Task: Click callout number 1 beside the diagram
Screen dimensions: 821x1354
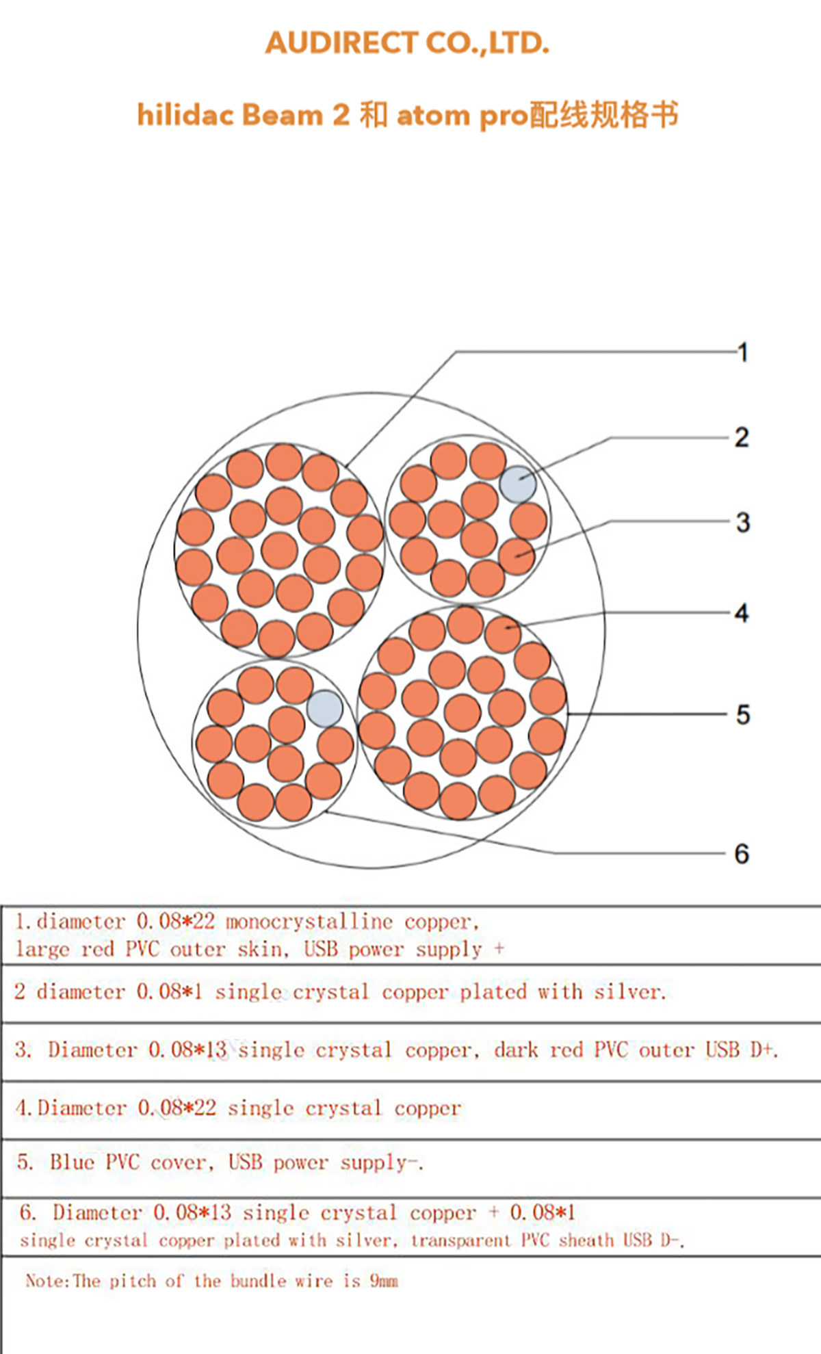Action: click(x=743, y=353)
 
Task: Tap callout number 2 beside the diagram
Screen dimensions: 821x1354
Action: click(x=742, y=438)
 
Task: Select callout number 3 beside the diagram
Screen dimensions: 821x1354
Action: click(x=743, y=523)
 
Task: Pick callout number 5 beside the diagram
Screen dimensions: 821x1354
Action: click(x=743, y=715)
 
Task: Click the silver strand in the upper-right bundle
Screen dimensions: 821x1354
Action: click(x=518, y=484)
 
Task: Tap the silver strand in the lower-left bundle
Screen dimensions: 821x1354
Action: click(x=325, y=708)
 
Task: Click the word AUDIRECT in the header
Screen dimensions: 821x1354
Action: click(x=341, y=43)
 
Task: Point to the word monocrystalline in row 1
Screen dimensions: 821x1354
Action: click(x=309, y=922)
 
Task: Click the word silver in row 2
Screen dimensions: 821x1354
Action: click(x=629, y=992)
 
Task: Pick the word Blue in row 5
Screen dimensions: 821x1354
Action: click(x=72, y=1162)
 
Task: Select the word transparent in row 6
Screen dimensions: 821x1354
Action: click(x=461, y=1240)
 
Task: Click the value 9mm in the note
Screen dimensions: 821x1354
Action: click(x=384, y=1280)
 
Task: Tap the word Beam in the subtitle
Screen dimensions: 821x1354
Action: click(x=282, y=115)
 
